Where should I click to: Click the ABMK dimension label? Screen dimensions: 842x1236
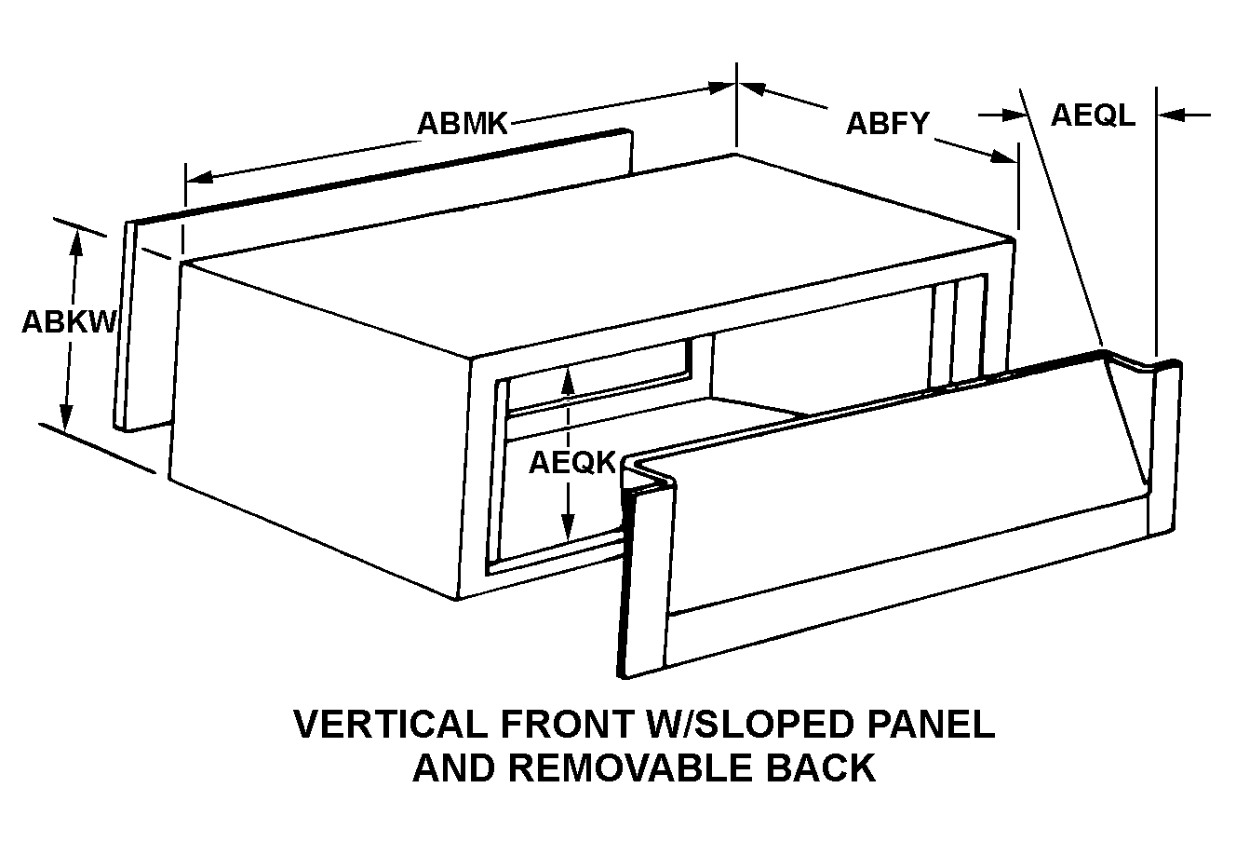463,124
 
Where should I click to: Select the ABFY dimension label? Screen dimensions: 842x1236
887,124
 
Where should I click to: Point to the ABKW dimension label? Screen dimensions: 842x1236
68,321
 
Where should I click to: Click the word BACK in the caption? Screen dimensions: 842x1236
823,767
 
